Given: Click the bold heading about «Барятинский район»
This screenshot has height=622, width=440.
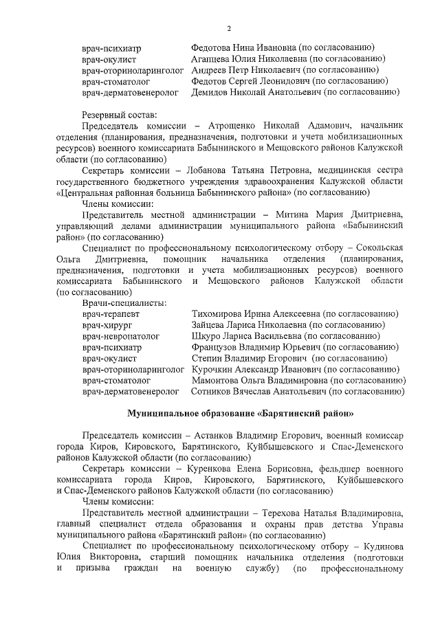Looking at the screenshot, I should (241, 414).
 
